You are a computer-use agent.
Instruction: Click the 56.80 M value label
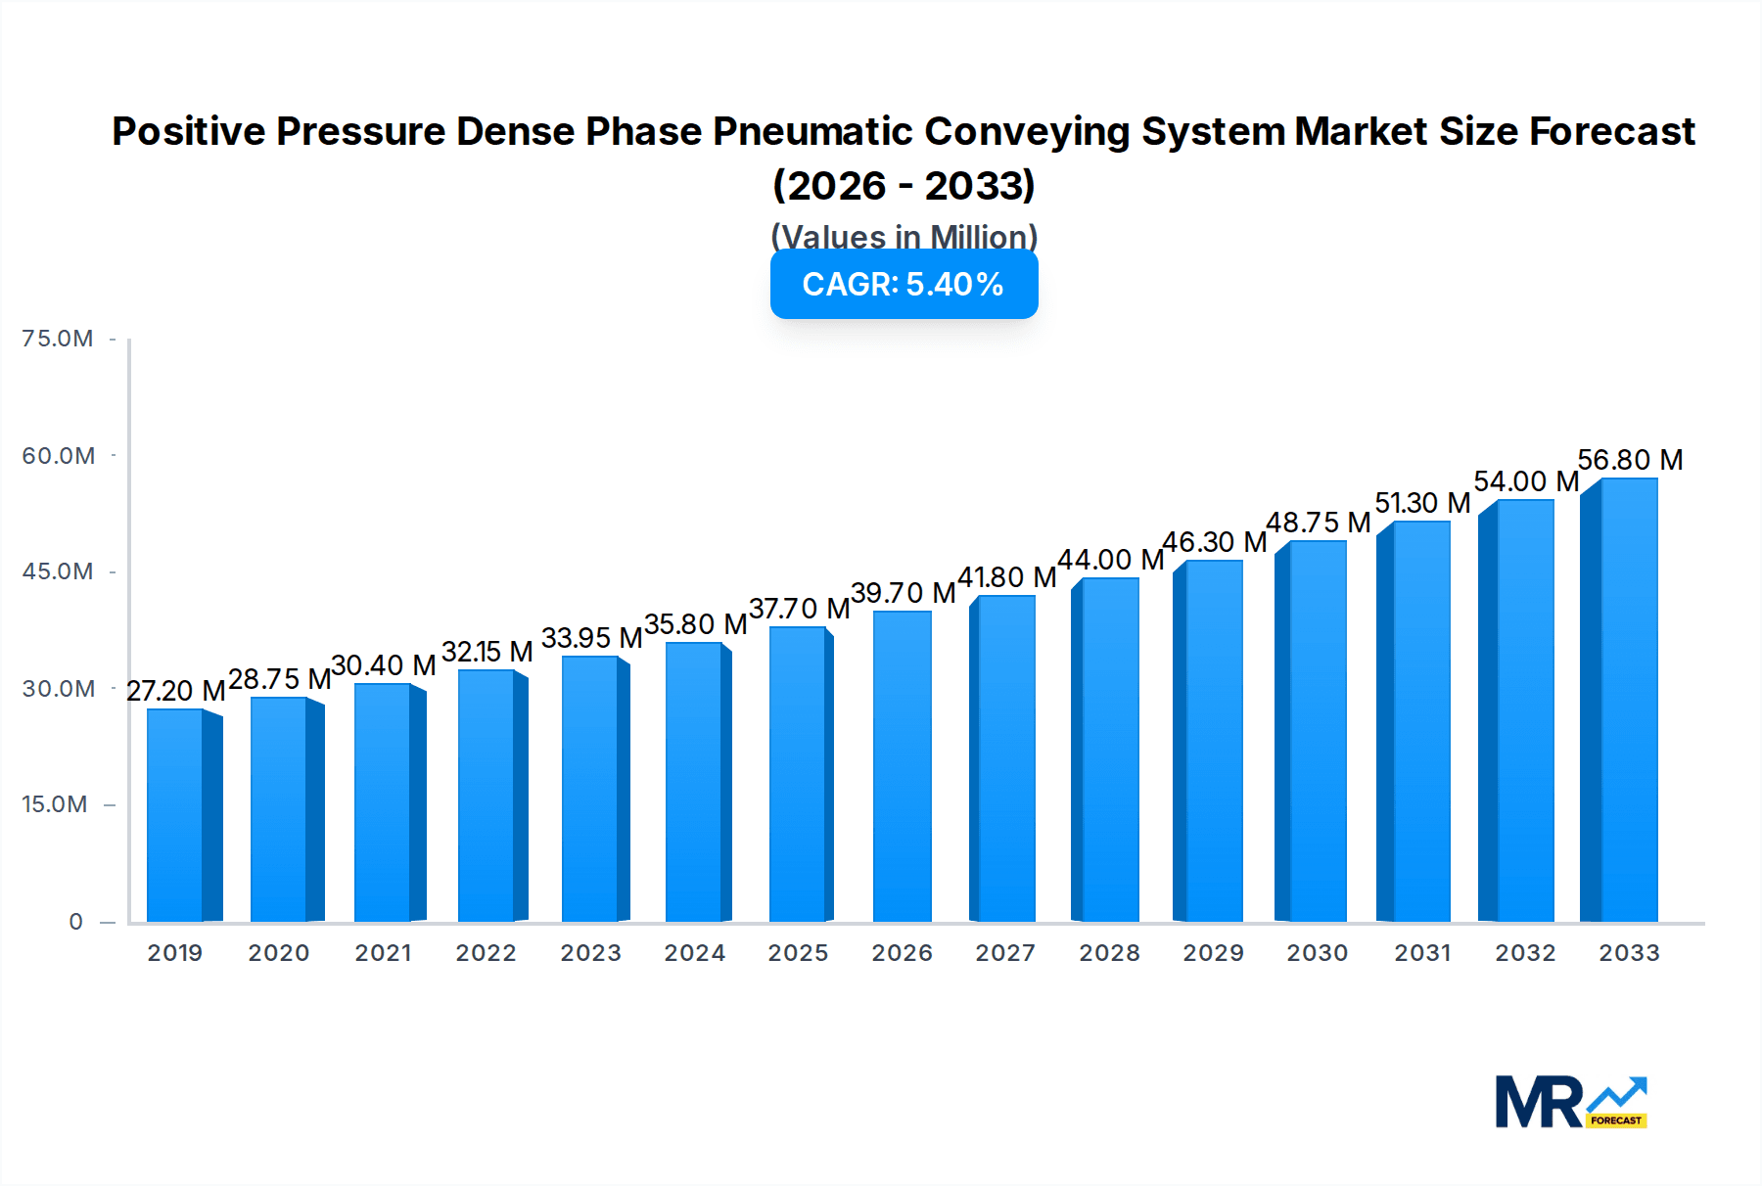(x=1630, y=460)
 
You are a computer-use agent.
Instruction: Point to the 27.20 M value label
(x=176, y=691)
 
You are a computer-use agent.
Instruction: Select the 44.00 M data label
(x=1110, y=560)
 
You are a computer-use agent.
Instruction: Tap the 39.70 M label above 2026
(x=903, y=593)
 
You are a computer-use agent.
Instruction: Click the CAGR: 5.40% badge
(x=904, y=284)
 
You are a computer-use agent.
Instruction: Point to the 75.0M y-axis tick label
(x=58, y=339)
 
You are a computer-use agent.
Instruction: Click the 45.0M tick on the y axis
(x=58, y=571)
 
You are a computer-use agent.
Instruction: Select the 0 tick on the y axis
(x=76, y=922)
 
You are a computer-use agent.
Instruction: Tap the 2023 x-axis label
(x=590, y=953)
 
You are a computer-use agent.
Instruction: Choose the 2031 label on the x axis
(x=1422, y=953)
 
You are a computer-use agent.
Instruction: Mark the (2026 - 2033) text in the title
(x=904, y=186)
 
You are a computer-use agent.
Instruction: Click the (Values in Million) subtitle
(x=904, y=236)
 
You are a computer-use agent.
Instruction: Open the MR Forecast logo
(x=1571, y=1103)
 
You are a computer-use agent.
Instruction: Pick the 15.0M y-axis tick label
(x=55, y=804)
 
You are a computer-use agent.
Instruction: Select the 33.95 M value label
(x=591, y=638)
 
